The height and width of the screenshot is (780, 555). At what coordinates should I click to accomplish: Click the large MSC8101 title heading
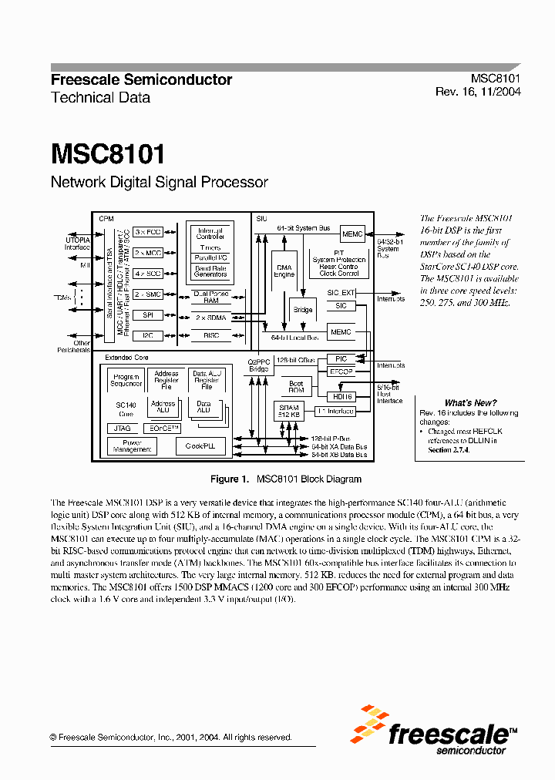pyautogui.click(x=108, y=153)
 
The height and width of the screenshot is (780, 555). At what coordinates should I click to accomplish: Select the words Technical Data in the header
pyautogui.click(x=100, y=98)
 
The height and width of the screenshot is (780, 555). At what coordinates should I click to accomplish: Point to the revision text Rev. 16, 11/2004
pyautogui.click(x=478, y=92)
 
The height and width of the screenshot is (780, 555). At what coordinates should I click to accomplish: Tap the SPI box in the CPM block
pyautogui.click(x=148, y=314)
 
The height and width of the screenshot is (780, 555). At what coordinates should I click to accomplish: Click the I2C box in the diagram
pyautogui.click(x=148, y=335)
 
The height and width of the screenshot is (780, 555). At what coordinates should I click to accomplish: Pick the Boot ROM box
pyautogui.click(x=296, y=386)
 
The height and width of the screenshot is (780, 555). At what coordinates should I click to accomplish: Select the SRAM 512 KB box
pyautogui.click(x=288, y=412)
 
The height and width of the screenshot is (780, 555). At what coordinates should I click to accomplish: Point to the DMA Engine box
pyautogui.click(x=284, y=271)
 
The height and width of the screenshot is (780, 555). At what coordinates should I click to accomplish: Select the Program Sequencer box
pyautogui.click(x=126, y=379)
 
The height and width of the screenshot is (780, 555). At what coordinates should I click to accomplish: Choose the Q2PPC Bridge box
pyautogui.click(x=260, y=365)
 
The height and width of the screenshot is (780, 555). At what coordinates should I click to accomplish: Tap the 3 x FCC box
pyautogui.click(x=148, y=232)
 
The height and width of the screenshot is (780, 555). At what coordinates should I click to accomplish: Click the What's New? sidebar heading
pyautogui.click(x=470, y=402)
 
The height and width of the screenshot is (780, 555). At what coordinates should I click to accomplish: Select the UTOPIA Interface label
pyautogui.click(x=76, y=244)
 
